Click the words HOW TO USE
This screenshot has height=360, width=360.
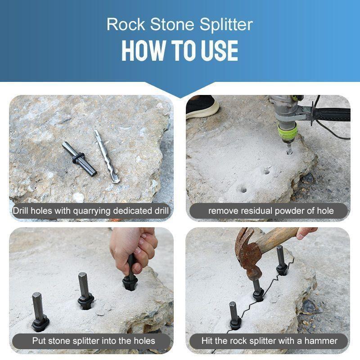click(180, 51)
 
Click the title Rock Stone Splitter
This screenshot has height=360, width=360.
click(180, 24)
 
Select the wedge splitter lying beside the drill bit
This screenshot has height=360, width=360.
click(79, 158)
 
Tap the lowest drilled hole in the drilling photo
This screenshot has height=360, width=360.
click(243, 189)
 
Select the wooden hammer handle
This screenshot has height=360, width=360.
click(279, 238)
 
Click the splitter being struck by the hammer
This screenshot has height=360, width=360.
click(257, 288)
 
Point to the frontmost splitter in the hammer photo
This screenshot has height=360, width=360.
click(234, 315)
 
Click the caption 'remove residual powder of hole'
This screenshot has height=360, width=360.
click(270, 211)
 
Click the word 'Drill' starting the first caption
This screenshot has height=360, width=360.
click(22, 211)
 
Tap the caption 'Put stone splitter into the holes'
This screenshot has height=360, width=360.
click(94, 341)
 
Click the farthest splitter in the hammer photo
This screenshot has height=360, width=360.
click(281, 261)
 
